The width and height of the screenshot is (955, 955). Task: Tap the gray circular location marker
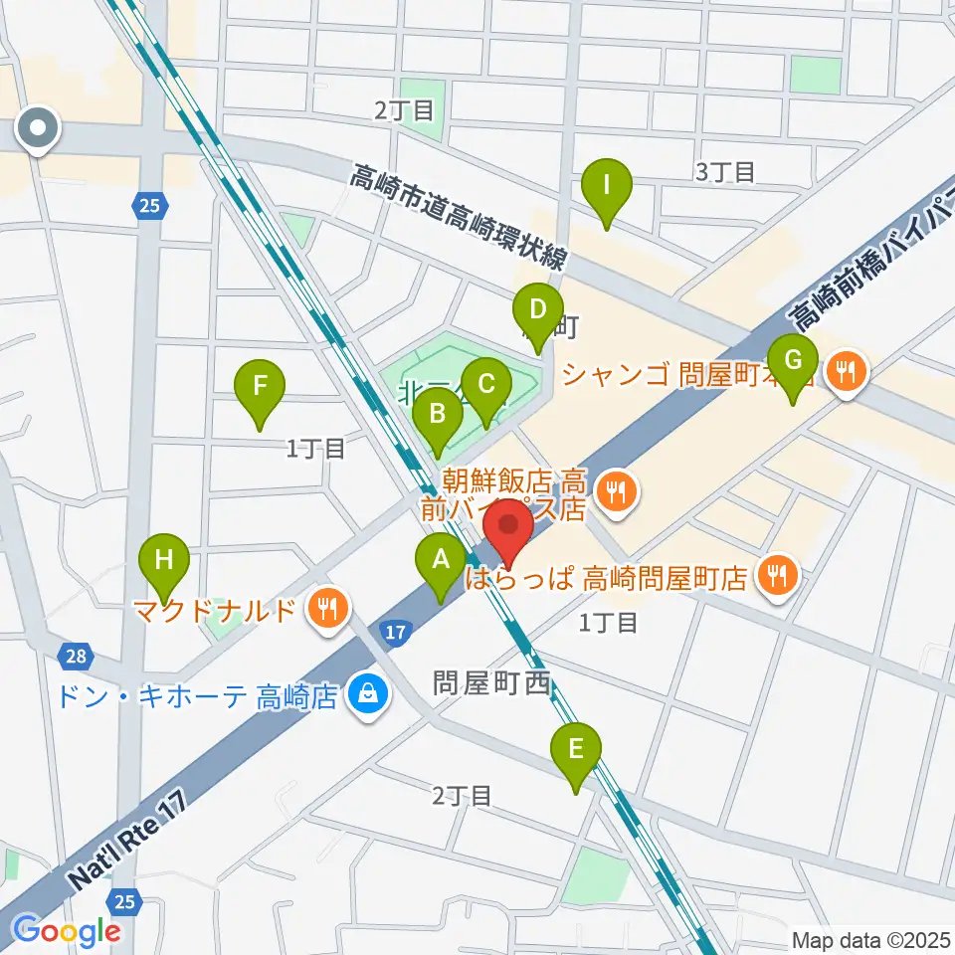(39, 128)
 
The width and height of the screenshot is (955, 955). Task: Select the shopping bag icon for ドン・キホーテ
(368, 693)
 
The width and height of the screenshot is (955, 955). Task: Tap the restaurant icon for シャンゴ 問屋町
(847, 373)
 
